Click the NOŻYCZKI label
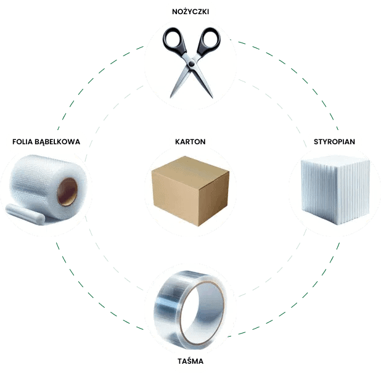pyautogui.click(x=190, y=11)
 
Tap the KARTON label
pyautogui.click(x=190, y=142)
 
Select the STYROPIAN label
pyautogui.click(x=335, y=142)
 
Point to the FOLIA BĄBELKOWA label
pyautogui.click(x=46, y=142)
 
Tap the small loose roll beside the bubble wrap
pyautogui.click(x=27, y=213)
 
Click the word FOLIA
pyautogui.click(x=23, y=142)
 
